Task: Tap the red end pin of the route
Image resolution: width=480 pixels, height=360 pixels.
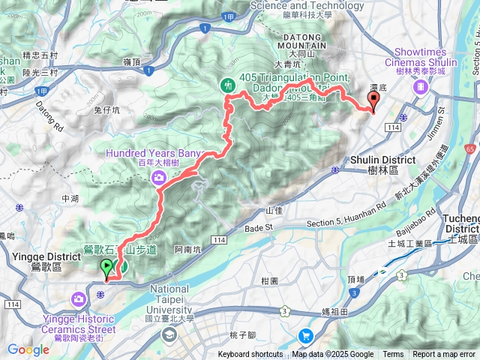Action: [x=373, y=103]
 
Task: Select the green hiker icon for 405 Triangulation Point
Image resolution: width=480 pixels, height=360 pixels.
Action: [x=228, y=85]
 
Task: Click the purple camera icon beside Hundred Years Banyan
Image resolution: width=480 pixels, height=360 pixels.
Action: [x=159, y=177]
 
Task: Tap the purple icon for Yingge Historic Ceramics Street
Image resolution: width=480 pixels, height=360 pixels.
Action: [x=79, y=300]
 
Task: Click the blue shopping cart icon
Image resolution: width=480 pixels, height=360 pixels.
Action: [x=306, y=335]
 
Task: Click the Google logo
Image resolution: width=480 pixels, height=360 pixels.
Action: [x=28, y=349]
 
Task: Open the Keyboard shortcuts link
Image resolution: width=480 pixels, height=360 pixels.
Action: [x=251, y=355]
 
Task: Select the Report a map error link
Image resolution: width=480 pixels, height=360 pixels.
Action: [x=445, y=355]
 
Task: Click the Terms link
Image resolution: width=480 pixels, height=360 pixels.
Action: [x=393, y=355]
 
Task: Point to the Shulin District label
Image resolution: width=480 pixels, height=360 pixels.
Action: [x=382, y=160]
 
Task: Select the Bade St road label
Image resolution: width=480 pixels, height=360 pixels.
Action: [x=261, y=226]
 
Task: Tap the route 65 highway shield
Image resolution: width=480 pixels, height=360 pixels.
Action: [x=470, y=148]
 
